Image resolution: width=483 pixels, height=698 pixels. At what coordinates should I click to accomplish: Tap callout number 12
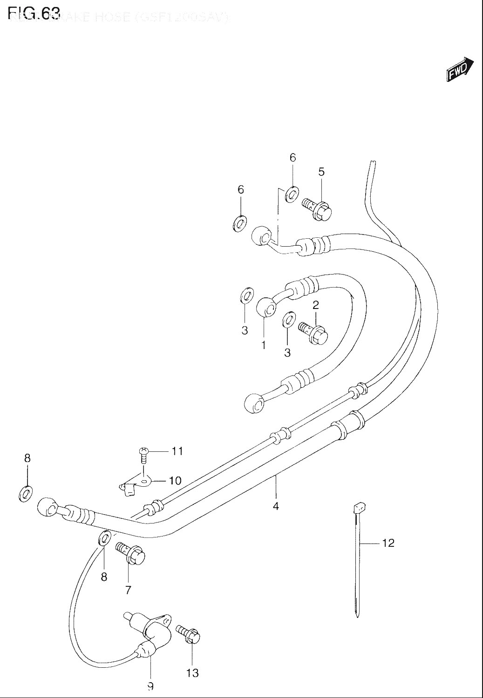pos(388,543)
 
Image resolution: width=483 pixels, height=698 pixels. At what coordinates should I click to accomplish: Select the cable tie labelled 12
pos(357,558)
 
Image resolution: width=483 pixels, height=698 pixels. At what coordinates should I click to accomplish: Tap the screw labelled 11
pos(143,454)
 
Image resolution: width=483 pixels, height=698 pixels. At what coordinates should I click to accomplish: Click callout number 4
pos(276,506)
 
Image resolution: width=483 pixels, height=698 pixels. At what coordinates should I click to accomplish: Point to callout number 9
pos(150,686)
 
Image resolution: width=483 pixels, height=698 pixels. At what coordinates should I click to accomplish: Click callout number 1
pos(263,345)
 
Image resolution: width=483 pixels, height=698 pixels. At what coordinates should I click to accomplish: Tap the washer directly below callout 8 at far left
pos(26,493)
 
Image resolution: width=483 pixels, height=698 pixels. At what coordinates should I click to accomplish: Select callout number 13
pos(192,673)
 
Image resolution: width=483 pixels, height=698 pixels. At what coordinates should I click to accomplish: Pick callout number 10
pos(175,480)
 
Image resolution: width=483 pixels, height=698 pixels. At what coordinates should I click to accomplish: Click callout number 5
pos(321,172)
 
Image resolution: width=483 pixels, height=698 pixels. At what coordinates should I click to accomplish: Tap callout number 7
pos(128,590)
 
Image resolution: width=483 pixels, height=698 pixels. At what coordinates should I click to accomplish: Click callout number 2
pos(315,305)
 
